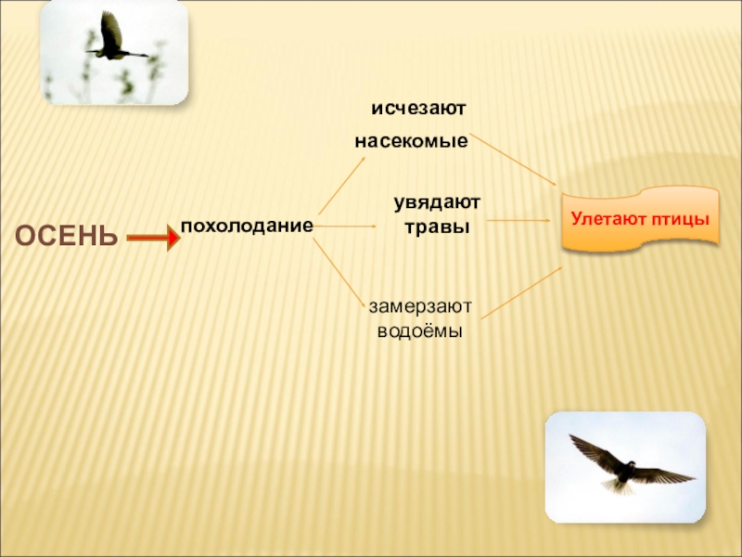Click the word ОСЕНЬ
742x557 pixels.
click(x=66, y=236)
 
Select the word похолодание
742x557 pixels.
click(x=247, y=226)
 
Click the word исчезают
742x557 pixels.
click(x=418, y=109)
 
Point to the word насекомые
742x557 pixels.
click(x=411, y=142)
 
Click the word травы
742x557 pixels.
click(x=437, y=227)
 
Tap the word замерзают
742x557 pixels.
click(x=420, y=305)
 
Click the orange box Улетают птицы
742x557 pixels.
click(x=640, y=220)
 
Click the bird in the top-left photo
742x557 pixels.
click(x=114, y=40)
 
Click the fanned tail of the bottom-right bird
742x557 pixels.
click(x=615, y=484)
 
